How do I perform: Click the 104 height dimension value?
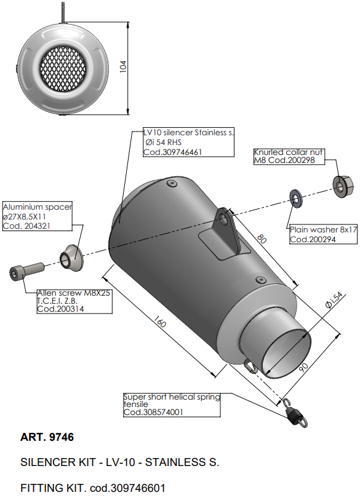click(x=123, y=66)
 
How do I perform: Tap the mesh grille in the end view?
click(x=63, y=69)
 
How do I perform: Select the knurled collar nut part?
click(x=343, y=186)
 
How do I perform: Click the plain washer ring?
click(x=296, y=199)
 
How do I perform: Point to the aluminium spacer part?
click(x=72, y=258)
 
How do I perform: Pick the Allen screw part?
click(x=26, y=271)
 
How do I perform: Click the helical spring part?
click(x=295, y=412)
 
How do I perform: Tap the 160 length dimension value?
click(x=159, y=322)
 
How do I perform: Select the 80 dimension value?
click(x=262, y=239)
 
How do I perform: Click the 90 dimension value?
click(x=303, y=367)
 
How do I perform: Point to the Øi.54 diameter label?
click(x=334, y=300)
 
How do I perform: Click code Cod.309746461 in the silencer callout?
click(x=173, y=152)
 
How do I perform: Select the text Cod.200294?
click(x=313, y=239)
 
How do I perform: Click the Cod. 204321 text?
click(x=26, y=226)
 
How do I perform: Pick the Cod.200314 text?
click(x=60, y=309)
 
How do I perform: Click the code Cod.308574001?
click(x=153, y=413)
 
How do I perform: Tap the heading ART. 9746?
click(x=47, y=437)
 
